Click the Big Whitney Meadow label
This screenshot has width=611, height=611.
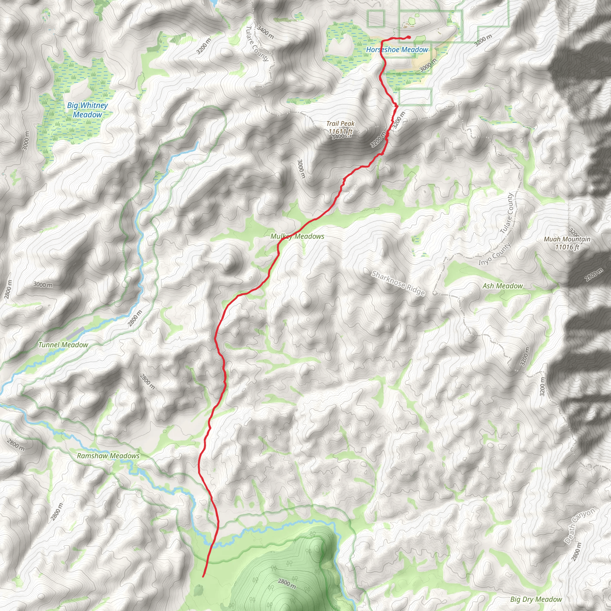(x=87, y=110)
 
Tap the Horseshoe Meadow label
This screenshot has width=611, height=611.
(x=397, y=50)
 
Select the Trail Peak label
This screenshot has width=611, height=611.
(x=340, y=124)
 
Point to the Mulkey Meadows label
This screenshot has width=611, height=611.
(x=297, y=236)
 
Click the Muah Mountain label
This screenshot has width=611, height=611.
(x=567, y=239)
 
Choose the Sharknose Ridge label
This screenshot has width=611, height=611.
(x=398, y=283)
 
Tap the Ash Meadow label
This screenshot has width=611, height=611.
(x=502, y=286)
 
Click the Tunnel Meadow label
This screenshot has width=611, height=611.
(x=63, y=345)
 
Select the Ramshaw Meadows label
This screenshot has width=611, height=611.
(x=108, y=456)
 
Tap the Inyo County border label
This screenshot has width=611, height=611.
(x=494, y=254)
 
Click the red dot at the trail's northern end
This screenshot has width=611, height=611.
(x=409, y=37)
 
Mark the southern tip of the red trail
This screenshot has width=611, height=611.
(x=203, y=576)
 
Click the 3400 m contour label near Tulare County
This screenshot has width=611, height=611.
(x=265, y=32)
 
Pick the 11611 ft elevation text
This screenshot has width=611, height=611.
(x=340, y=131)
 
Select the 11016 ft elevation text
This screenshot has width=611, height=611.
(x=567, y=247)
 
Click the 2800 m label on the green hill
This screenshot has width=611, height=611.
(x=287, y=584)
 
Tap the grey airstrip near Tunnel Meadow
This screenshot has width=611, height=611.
(x=75, y=333)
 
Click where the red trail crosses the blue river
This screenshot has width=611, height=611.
(x=213, y=544)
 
